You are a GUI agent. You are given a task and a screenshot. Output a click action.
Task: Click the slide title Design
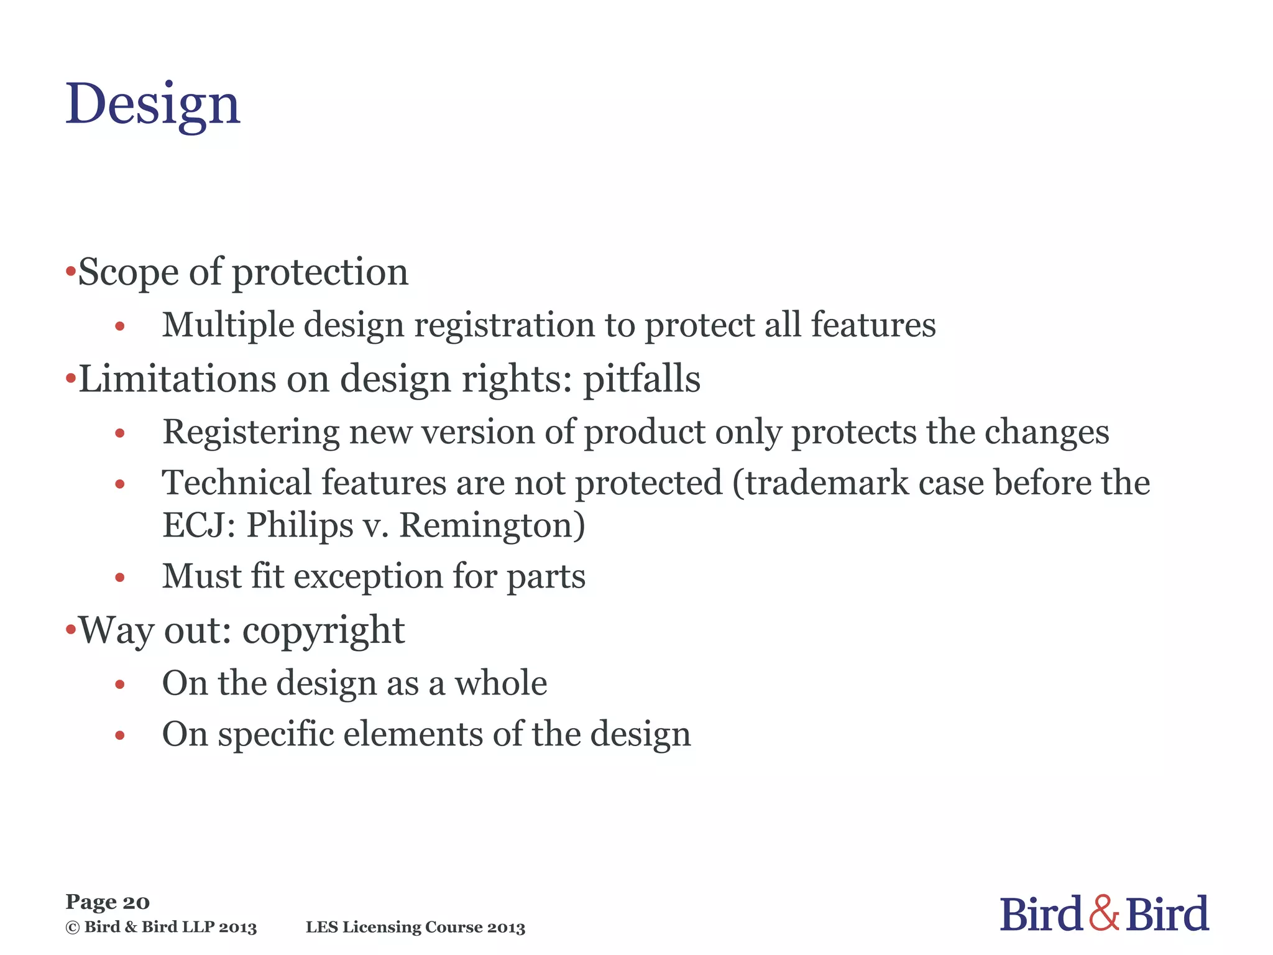click(152, 104)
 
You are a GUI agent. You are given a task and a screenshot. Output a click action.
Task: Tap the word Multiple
click(227, 325)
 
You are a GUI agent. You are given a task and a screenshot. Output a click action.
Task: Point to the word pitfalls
click(641, 379)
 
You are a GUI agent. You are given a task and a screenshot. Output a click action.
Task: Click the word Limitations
click(177, 379)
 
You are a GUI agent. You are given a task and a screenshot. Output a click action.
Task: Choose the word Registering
click(250, 432)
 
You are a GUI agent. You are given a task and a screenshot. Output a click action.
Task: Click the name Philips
click(300, 525)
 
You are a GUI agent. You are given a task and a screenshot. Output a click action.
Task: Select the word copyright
click(323, 631)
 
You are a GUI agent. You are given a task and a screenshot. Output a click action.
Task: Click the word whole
click(501, 683)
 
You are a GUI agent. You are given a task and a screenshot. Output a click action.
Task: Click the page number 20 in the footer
click(136, 902)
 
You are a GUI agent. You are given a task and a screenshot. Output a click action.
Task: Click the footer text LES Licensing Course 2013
click(415, 928)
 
